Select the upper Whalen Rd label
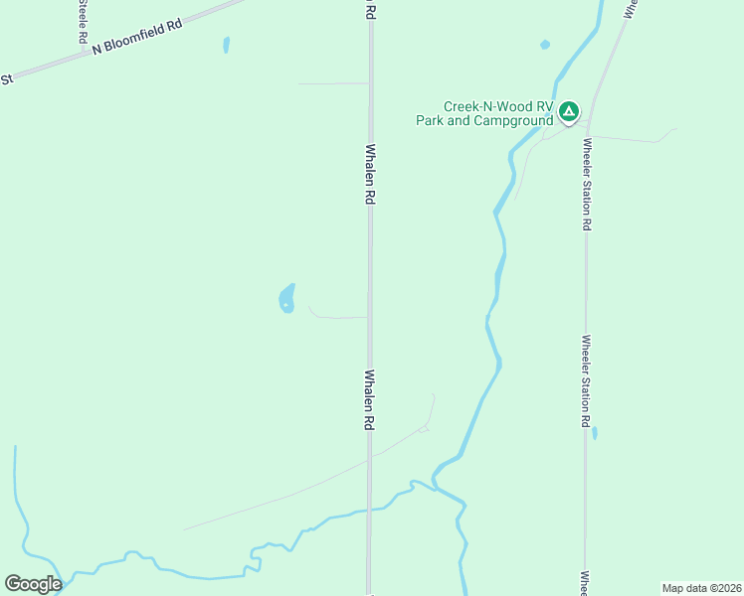pos(370,175)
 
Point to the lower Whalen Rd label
pos(369,399)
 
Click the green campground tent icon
pos(569,111)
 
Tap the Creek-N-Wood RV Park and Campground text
pos(484,114)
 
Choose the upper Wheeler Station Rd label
pos(588,184)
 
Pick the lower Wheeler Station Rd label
pos(587,380)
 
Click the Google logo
pos(33,584)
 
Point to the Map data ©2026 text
pos(701,588)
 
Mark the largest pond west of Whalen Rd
pos(287,298)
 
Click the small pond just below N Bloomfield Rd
pos(227,45)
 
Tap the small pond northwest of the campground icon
pos(545,45)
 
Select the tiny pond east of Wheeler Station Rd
pos(595,433)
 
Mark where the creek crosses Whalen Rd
pos(369,510)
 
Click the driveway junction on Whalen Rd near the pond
pos(369,318)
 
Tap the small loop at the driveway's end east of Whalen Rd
pos(425,428)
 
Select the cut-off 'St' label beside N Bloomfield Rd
pos(6,78)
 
